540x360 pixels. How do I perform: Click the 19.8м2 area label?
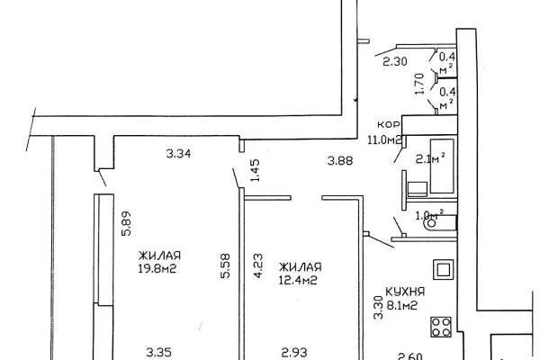point(157,268)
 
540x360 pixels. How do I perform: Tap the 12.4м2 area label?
point(298,280)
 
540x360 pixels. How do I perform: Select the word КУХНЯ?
point(405,292)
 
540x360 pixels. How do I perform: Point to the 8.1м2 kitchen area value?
point(402,305)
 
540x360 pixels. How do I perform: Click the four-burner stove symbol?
point(441,327)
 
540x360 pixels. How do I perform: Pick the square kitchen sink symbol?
point(443,270)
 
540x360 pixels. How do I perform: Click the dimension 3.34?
point(178,153)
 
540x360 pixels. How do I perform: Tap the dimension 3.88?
point(340,160)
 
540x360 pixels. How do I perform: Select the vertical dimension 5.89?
point(126,223)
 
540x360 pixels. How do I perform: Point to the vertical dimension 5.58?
point(226,265)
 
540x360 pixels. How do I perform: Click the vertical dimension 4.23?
point(258,266)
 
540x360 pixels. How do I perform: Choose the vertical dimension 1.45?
point(256,170)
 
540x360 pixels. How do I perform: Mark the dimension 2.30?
point(395,62)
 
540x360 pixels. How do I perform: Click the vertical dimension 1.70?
point(419,84)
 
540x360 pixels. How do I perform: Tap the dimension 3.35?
point(158,353)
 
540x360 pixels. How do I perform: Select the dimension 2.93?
point(294,353)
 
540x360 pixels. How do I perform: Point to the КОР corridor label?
point(389,124)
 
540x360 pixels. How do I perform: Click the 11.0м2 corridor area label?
point(384,140)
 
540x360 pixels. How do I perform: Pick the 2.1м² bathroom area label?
point(430,158)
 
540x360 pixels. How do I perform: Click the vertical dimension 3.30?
point(379,308)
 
